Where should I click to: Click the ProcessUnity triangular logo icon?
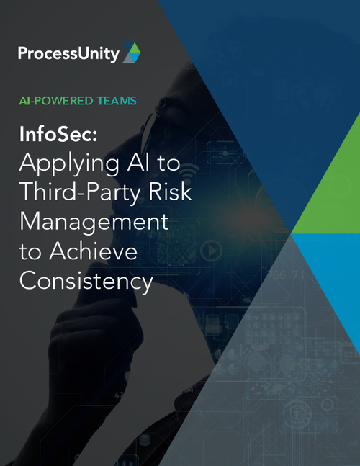tap(131, 52)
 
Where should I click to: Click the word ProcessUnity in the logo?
tap(69, 53)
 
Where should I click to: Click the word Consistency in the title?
tap(86, 280)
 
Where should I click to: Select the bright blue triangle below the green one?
tap(331, 266)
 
